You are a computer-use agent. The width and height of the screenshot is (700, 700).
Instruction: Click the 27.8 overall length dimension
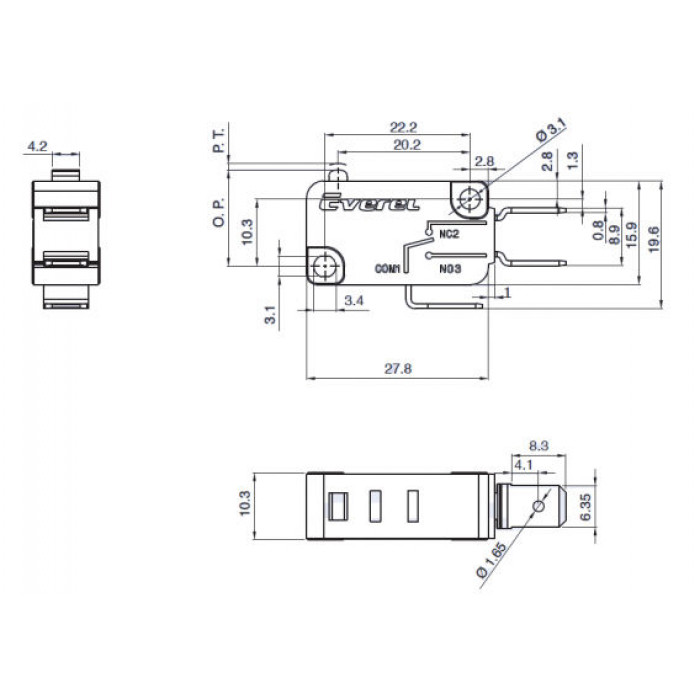click(x=398, y=369)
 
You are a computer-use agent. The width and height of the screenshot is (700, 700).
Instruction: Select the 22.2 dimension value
click(x=404, y=127)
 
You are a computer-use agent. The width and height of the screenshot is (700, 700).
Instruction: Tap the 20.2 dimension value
click(x=407, y=145)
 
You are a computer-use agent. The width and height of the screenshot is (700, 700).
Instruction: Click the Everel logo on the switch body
click(x=370, y=203)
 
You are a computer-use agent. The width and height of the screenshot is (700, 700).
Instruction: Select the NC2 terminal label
click(x=449, y=234)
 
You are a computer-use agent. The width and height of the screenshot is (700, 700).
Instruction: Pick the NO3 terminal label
click(x=450, y=269)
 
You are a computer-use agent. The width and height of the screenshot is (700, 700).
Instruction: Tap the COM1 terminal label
click(x=388, y=269)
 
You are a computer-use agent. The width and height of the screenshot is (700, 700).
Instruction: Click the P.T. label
click(x=219, y=140)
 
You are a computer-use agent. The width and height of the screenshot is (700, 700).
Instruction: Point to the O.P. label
click(x=219, y=212)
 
